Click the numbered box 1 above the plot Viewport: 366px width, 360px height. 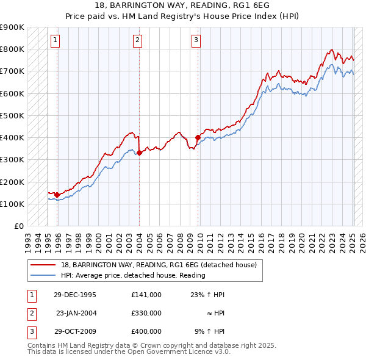(55, 41)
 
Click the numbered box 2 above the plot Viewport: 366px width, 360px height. (138, 41)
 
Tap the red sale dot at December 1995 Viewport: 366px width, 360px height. (57, 195)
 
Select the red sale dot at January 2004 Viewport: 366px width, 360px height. (139, 153)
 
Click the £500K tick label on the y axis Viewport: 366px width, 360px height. (12, 115)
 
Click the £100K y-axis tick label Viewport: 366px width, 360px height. (12, 204)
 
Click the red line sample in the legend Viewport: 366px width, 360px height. (43, 265)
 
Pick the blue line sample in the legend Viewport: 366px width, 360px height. (43, 275)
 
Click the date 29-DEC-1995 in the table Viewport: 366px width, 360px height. (75, 295)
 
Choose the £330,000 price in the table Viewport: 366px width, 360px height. (146, 313)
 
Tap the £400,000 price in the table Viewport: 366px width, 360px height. (146, 331)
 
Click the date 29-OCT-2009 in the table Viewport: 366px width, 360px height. (75, 331)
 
